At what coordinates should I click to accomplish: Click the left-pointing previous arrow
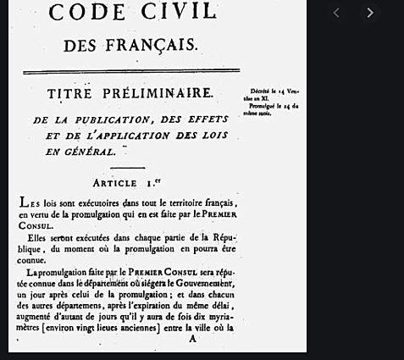[x=336, y=13]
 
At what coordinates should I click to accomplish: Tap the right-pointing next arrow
[x=369, y=13]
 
